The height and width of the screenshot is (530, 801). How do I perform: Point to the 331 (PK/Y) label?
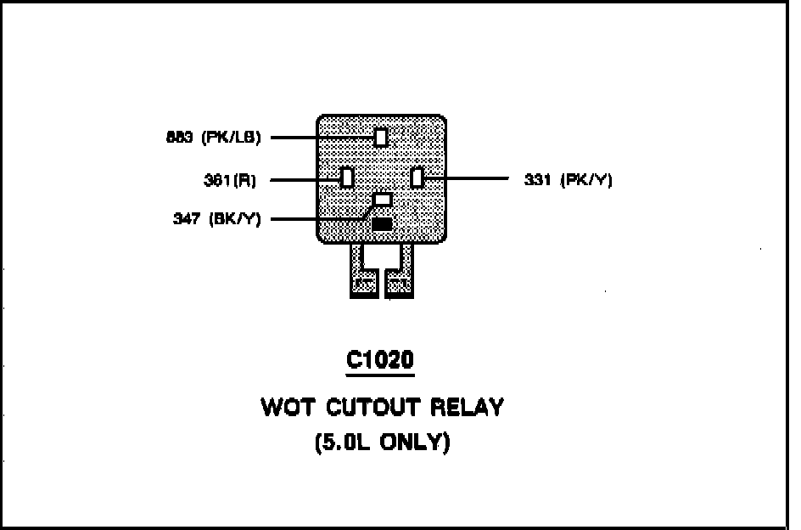(568, 179)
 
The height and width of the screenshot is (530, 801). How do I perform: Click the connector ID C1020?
(380, 360)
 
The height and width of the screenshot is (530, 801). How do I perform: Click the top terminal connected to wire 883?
(381, 137)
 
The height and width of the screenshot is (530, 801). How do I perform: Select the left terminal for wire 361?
(346, 178)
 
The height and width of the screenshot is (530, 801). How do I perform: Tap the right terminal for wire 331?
(417, 178)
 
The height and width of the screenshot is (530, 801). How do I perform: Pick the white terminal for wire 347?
(384, 200)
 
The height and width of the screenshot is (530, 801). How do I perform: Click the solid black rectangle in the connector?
(383, 224)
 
